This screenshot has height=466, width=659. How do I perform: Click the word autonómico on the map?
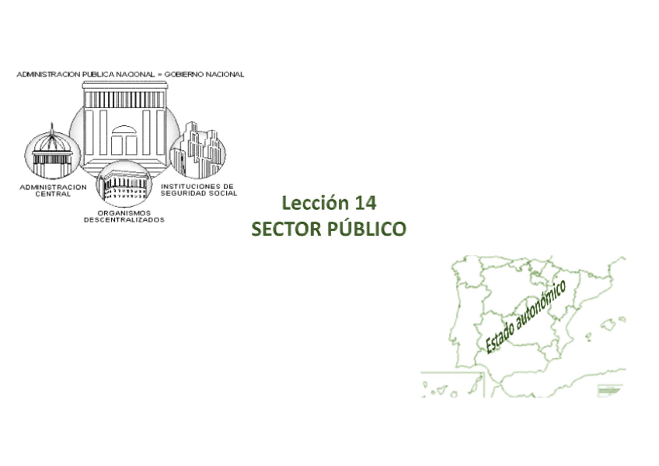[x=541, y=307]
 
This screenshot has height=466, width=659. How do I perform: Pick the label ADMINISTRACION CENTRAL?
[x=53, y=191]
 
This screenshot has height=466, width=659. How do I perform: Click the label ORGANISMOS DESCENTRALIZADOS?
[x=124, y=215]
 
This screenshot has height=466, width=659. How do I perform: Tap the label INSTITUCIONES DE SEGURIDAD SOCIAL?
[x=198, y=190]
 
